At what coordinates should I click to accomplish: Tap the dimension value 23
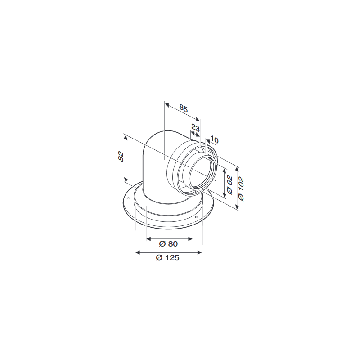point(195,128)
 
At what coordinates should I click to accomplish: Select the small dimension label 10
point(214,140)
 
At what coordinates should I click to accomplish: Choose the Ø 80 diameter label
point(169,244)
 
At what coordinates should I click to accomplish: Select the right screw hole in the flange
point(197,219)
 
